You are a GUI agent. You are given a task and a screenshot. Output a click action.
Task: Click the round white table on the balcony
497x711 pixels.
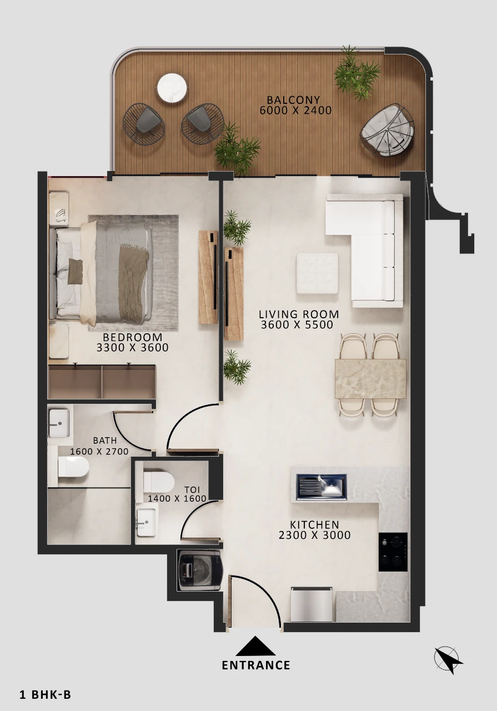pyautogui.click(x=172, y=88)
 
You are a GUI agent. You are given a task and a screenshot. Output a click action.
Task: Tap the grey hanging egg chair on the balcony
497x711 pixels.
pyautogui.click(x=387, y=130)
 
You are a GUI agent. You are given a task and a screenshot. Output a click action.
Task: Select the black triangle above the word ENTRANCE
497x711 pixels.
pyautogui.click(x=255, y=646)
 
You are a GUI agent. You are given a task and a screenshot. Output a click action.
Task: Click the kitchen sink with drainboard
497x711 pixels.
pyautogui.click(x=321, y=487)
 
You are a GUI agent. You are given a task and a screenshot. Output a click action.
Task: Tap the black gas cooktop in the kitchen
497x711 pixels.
pyautogui.click(x=393, y=552)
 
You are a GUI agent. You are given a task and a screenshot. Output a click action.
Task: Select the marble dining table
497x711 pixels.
pyautogui.click(x=370, y=378)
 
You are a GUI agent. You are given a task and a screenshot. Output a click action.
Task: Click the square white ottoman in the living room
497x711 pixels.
pyautogui.click(x=317, y=273)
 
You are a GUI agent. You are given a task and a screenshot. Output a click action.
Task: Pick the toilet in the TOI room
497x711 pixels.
pyautogui.click(x=159, y=482)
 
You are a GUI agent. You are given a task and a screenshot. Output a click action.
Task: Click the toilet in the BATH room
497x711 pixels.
pyautogui.click(x=73, y=467)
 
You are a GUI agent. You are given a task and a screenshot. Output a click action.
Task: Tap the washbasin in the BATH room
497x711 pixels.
pyautogui.click(x=59, y=423)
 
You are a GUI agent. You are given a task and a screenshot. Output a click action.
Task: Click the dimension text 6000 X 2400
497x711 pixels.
pyautogui.click(x=295, y=111)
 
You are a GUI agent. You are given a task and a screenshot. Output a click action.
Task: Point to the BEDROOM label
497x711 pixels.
pyautogui.click(x=133, y=337)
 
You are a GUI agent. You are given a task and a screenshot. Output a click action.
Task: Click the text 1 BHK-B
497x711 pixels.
pyautogui.click(x=46, y=694)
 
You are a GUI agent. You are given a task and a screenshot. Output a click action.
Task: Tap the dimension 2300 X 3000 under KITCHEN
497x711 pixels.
pyautogui.click(x=314, y=535)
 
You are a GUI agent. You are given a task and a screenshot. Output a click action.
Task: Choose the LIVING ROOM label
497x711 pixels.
pyautogui.click(x=299, y=314)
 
